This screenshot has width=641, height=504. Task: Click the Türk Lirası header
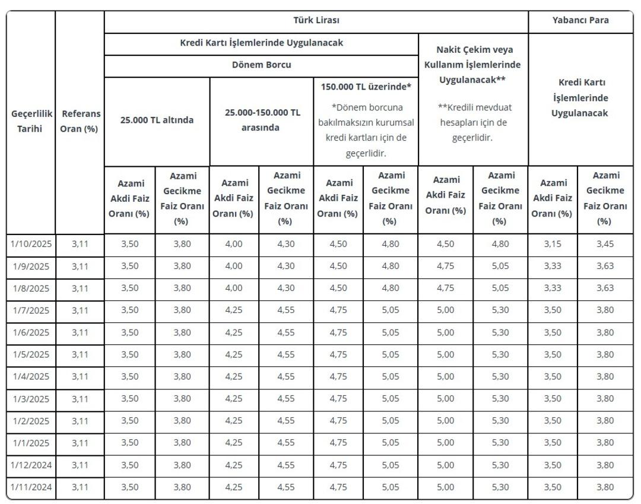[316, 20]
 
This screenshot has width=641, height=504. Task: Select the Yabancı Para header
[580, 20]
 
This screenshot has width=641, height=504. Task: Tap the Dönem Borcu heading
[261, 65]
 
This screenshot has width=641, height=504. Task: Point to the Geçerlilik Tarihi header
[32, 121]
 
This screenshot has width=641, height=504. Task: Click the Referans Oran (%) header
[81, 121]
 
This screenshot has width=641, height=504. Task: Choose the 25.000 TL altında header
[157, 119]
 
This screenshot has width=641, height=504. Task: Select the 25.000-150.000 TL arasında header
[262, 119]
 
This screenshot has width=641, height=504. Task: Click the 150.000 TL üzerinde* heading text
[366, 87]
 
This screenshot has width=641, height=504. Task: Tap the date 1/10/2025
[32, 244]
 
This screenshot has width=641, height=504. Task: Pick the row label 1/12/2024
[32, 465]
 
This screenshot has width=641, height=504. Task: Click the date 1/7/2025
[32, 310]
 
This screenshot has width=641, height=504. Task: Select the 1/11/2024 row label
[32, 488]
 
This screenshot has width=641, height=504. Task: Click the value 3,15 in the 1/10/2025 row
[553, 244]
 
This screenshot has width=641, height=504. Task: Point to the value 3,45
[605, 244]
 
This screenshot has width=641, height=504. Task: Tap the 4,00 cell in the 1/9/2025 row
[234, 266]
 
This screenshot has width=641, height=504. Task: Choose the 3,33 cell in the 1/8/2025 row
[553, 289]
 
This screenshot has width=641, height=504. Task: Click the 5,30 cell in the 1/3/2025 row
[500, 399]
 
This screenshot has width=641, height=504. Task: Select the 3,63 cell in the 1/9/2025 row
[605, 266]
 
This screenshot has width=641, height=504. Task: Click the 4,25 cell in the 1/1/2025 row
[234, 443]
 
